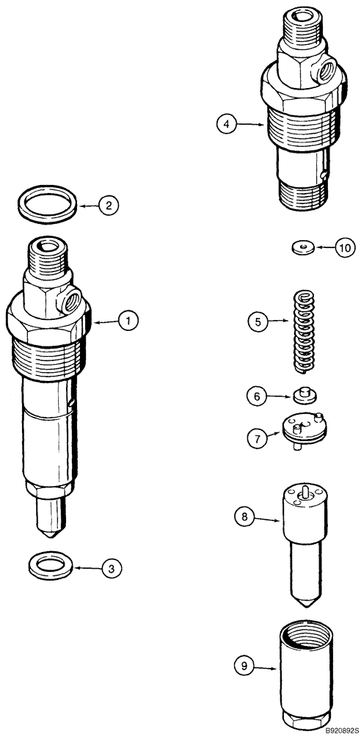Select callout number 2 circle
pos(108,206)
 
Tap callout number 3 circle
pos(111,567)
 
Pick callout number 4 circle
pos(227,126)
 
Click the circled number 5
pos(256,321)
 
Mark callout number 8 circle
pos(246,517)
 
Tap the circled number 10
pos(344,248)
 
